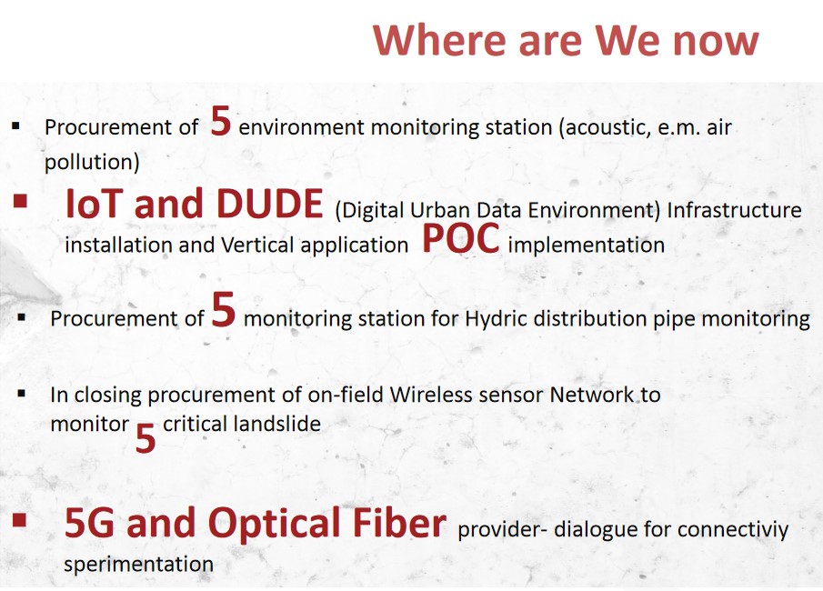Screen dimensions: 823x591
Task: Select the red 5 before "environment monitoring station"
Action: click(x=220, y=121)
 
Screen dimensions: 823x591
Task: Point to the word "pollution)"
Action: click(x=92, y=162)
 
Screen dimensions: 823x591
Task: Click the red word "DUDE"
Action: click(x=269, y=204)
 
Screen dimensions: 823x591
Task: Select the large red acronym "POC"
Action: click(x=460, y=238)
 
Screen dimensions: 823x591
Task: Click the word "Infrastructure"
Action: click(x=734, y=210)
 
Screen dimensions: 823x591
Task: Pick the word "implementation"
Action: click(x=587, y=245)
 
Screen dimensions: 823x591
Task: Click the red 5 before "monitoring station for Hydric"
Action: click(x=223, y=310)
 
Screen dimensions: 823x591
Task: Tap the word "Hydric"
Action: click(x=496, y=318)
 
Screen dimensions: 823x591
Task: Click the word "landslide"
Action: click(x=282, y=424)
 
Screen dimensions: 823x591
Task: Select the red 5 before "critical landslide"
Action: click(x=146, y=439)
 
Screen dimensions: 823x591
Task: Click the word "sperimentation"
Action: click(x=138, y=565)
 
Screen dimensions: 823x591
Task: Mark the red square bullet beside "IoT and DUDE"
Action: click(x=21, y=201)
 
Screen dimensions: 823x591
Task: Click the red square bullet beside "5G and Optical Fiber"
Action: click(x=19, y=519)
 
